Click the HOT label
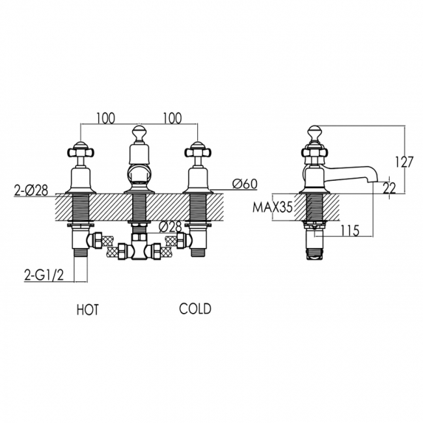(x=87, y=310)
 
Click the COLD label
(x=195, y=308)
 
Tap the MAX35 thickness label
(x=273, y=208)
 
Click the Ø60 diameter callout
(x=243, y=184)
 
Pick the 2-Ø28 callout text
(x=31, y=191)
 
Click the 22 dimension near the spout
(x=389, y=187)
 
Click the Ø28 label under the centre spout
(x=171, y=227)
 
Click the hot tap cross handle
(x=80, y=151)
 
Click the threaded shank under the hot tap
(x=81, y=208)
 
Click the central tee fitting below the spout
(x=139, y=248)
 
